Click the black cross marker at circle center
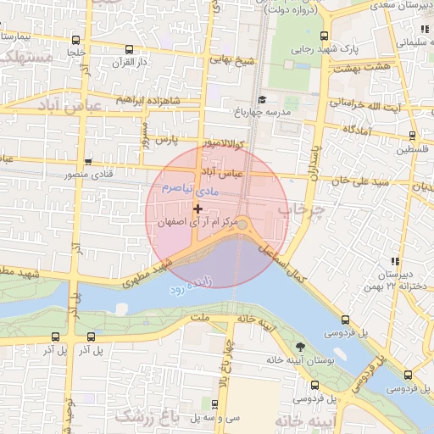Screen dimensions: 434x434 [198, 209]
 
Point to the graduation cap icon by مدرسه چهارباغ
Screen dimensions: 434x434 [261, 99]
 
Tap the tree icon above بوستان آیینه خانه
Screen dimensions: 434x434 [300, 346]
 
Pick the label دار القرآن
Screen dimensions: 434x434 [131, 62]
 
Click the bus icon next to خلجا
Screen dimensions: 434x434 [76, 40]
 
